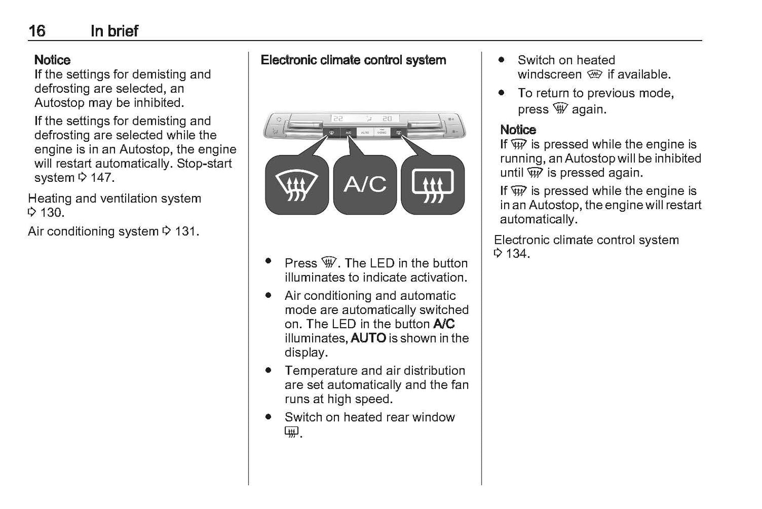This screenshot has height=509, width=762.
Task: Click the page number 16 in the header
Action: click(x=37, y=31)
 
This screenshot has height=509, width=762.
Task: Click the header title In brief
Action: click(x=114, y=31)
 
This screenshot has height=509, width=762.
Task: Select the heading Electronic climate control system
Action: click(x=353, y=60)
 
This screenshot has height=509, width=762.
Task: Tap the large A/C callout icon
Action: click(x=365, y=184)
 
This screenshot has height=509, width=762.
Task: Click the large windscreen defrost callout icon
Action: click(x=297, y=185)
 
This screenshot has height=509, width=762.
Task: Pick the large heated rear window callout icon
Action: click(x=432, y=185)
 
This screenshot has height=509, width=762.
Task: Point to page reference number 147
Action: click(x=102, y=178)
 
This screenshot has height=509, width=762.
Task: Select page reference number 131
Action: click(x=187, y=231)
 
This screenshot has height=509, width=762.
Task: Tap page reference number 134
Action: click(x=517, y=254)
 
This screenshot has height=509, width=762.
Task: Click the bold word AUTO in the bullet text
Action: click(x=368, y=338)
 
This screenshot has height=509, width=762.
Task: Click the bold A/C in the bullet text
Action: click(x=444, y=324)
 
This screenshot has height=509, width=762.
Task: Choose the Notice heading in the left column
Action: click(x=52, y=60)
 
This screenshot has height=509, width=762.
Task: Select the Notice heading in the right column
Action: click(x=518, y=130)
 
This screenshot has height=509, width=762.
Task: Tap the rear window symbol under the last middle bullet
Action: click(x=291, y=432)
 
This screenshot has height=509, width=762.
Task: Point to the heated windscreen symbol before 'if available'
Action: click(x=594, y=74)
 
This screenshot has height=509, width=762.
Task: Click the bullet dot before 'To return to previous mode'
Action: click(x=501, y=93)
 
